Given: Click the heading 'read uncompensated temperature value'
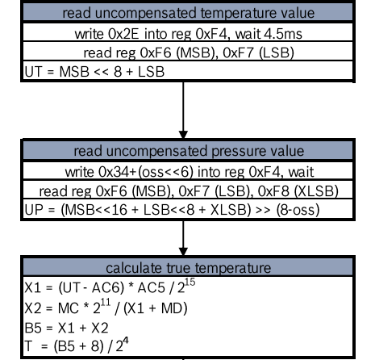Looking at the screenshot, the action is click(188, 13).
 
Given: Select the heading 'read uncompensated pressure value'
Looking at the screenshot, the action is click(189, 151).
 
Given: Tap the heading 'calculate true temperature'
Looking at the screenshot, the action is click(188, 268).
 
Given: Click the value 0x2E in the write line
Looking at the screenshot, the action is click(123, 34).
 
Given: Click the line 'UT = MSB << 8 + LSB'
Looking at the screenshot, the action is click(94, 72).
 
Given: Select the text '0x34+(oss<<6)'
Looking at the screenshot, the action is click(146, 172).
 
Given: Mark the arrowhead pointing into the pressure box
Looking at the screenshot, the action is click(183, 135).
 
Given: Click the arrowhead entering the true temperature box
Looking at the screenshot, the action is click(183, 252).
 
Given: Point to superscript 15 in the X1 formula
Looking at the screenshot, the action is click(190, 282).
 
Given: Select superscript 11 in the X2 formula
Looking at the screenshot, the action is click(106, 302).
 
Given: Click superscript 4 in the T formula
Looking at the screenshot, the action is click(126, 341).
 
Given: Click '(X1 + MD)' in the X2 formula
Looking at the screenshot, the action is click(156, 308).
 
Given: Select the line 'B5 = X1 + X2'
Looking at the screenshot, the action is click(66, 329).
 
